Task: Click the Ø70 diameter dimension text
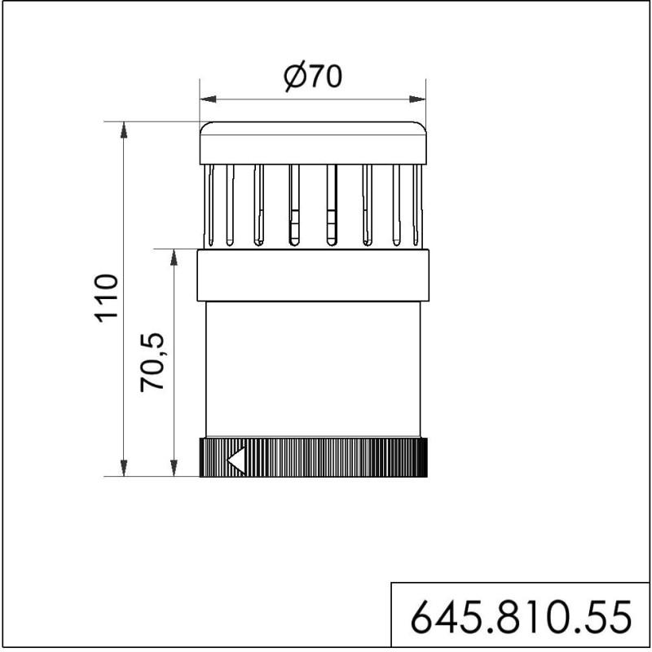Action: (313, 76)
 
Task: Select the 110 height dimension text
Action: (107, 297)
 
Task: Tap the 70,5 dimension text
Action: (152, 362)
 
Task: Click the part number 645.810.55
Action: (521, 616)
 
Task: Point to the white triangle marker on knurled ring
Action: (236, 460)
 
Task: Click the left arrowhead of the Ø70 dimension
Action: (209, 99)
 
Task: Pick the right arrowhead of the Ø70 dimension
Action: (417, 99)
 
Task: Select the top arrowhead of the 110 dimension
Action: (124, 130)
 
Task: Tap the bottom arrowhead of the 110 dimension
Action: (124, 468)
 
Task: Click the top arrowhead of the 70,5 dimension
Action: (174, 258)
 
